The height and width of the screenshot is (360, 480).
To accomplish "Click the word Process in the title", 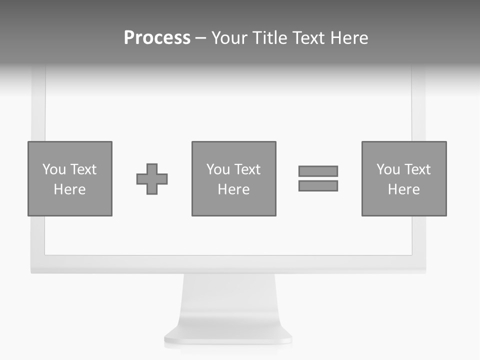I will coord(157,38).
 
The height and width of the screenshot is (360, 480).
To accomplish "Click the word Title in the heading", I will coord(270,38).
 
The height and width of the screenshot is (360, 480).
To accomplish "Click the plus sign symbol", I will coord(152,179).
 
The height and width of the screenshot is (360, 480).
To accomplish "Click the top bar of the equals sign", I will coord(318,171).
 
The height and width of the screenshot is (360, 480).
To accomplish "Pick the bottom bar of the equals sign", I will coord(318,185).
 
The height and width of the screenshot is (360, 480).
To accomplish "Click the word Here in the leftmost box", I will coord(69,189).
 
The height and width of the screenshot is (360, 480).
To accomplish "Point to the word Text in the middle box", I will coord(247,169).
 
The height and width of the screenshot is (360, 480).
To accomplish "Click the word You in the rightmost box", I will coord(388,169).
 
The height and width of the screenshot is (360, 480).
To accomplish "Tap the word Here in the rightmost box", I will coord(403,189).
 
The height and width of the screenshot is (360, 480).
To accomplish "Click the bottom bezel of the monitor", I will coord(228,263).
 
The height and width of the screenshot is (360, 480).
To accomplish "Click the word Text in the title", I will coord(307,38).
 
